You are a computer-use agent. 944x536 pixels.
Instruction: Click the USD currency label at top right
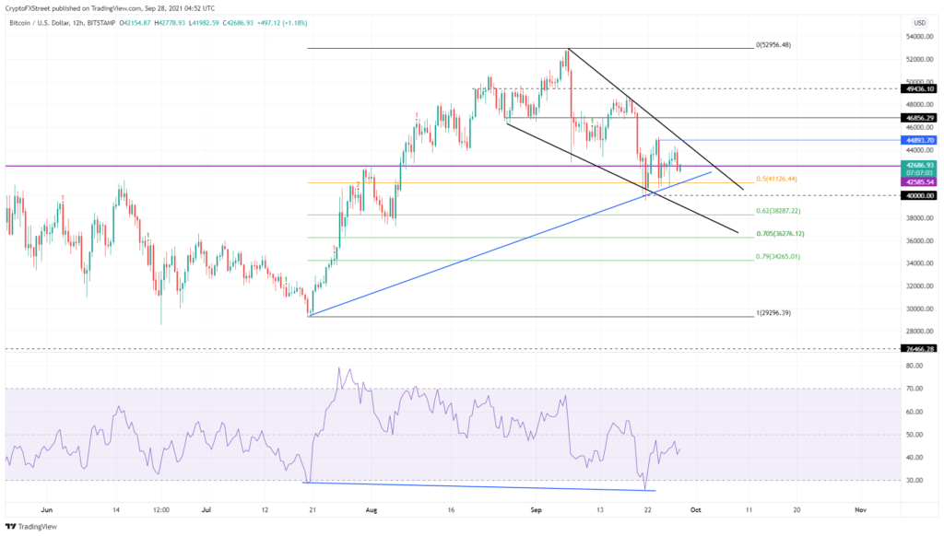918,22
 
